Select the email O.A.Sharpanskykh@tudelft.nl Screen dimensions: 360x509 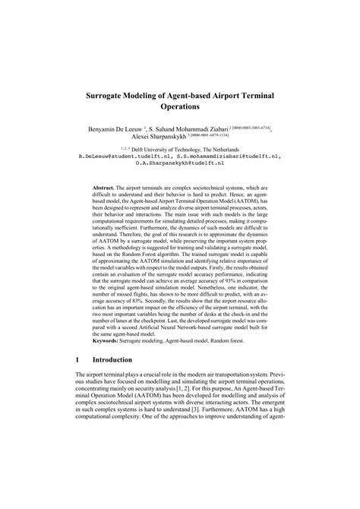(180, 166)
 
